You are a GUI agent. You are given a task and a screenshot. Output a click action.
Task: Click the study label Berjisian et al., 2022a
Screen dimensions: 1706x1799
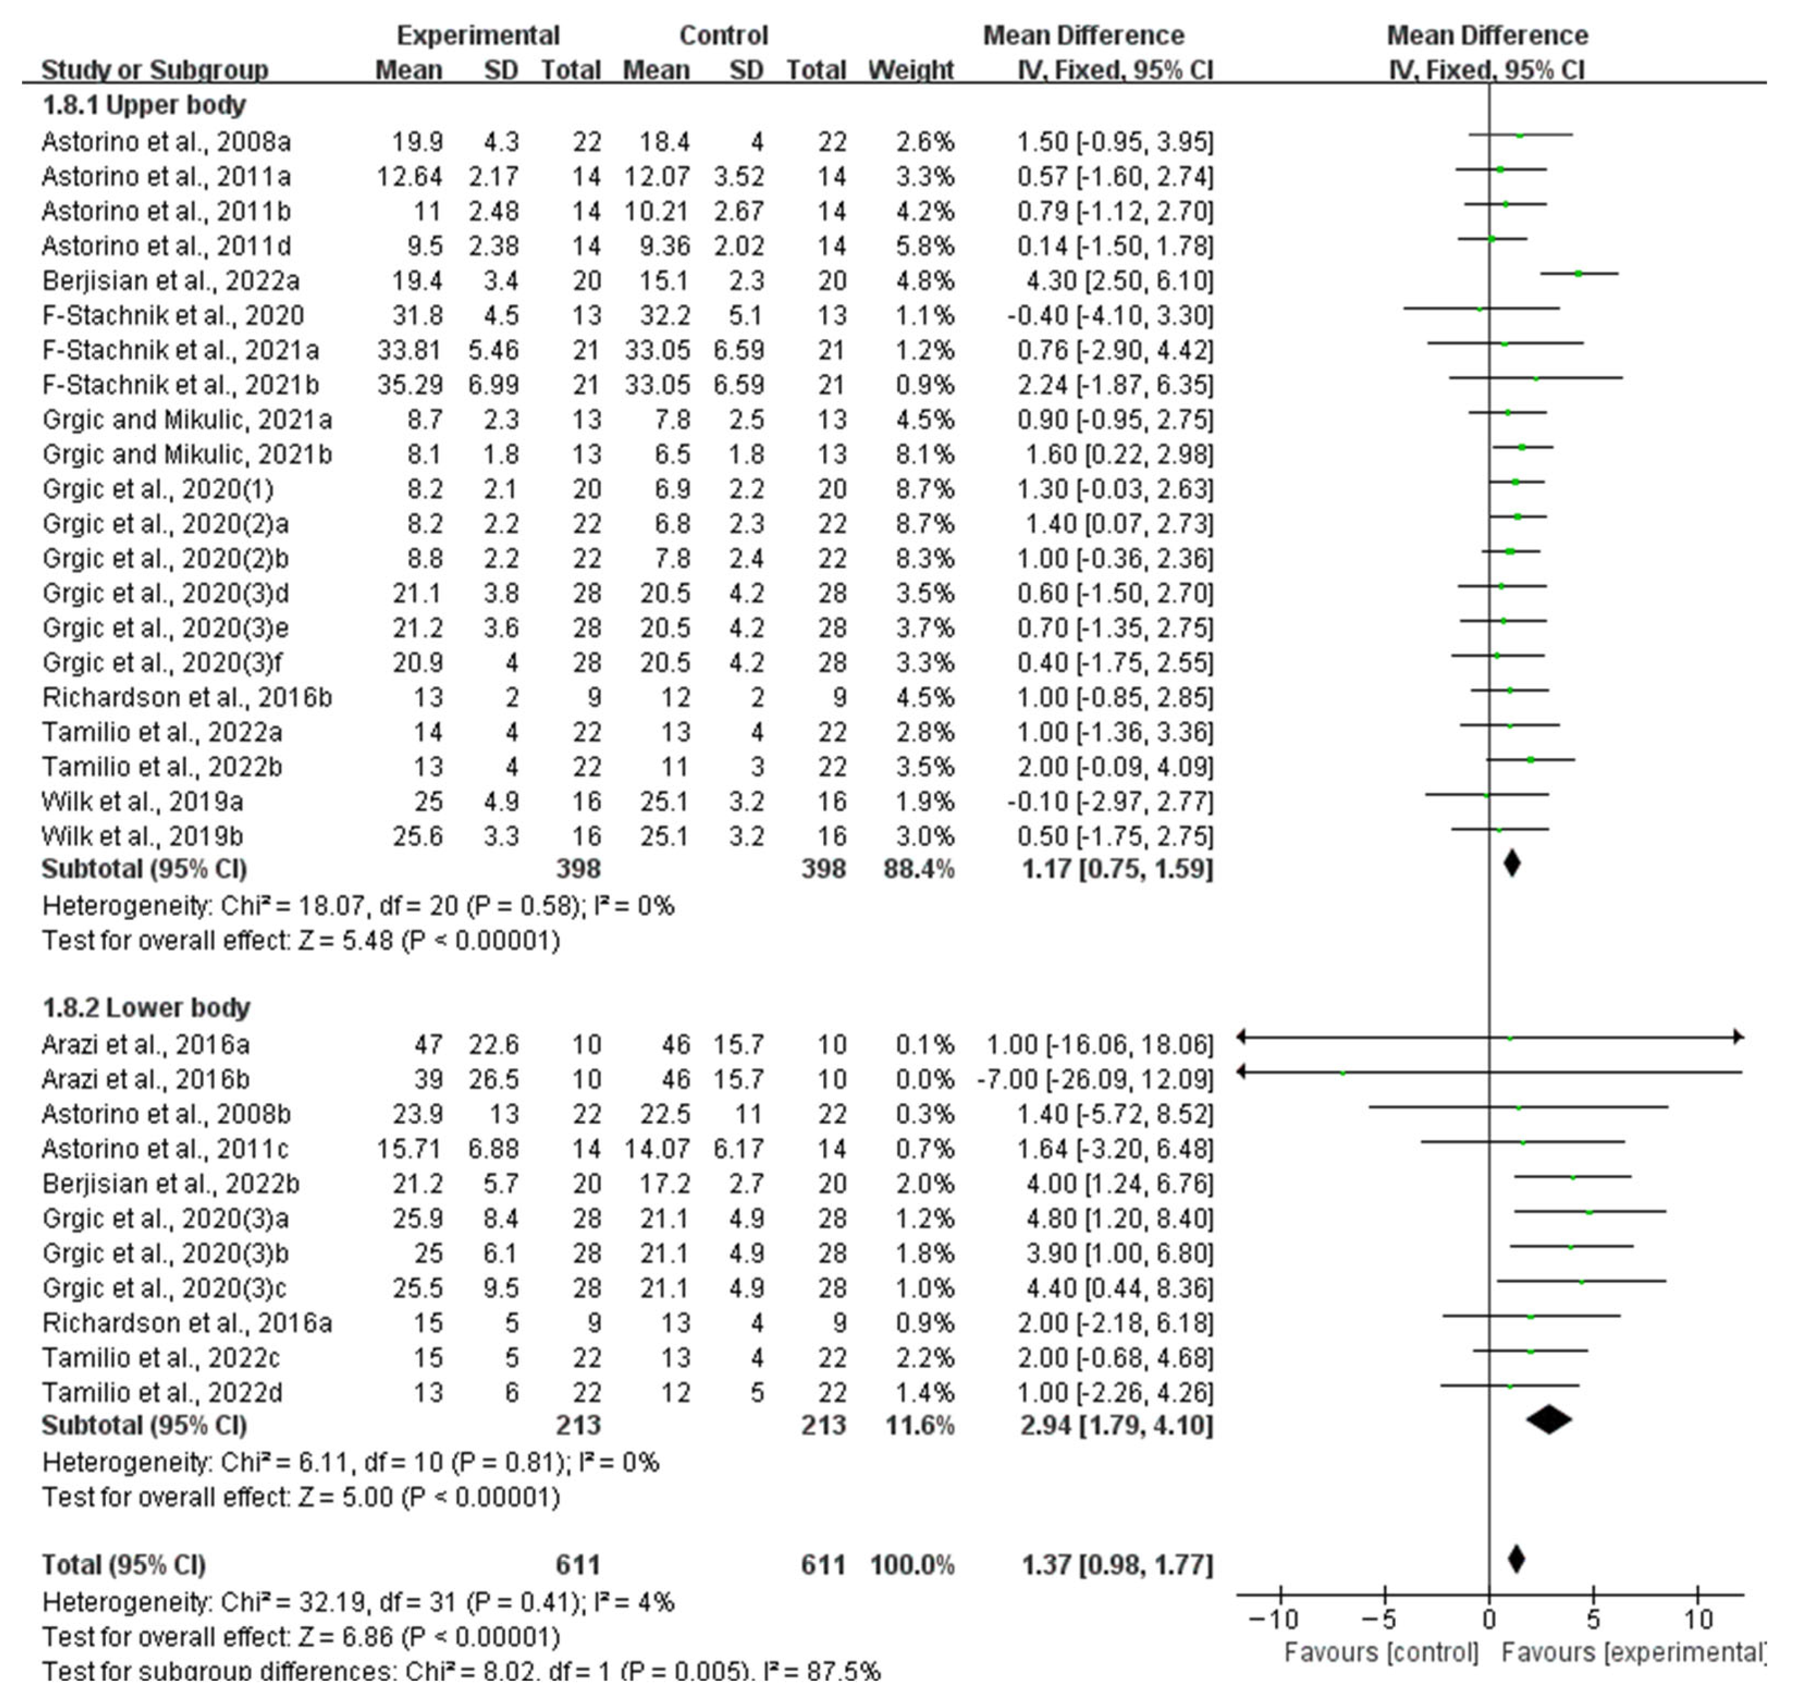coord(170,281)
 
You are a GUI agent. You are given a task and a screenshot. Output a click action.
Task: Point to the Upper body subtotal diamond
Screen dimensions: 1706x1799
coord(1512,863)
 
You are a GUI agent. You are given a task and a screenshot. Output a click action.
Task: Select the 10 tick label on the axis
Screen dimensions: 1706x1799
coord(1697,1620)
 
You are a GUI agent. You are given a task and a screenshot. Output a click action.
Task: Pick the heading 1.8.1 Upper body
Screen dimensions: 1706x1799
coord(143,105)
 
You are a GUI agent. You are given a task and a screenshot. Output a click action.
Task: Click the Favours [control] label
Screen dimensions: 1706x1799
coord(1381,1652)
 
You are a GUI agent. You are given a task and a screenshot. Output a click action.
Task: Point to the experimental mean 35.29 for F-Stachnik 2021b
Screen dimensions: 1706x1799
coord(410,385)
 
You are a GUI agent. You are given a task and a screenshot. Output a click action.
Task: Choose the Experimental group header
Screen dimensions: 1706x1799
coord(477,35)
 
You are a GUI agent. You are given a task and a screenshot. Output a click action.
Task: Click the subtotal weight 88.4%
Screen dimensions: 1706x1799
coord(918,869)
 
